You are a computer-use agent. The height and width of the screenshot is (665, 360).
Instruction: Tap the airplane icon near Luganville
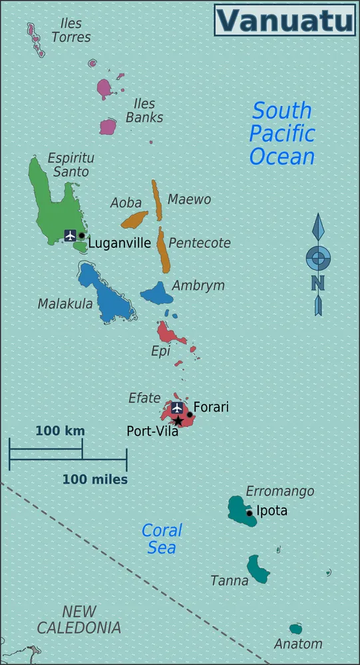71,235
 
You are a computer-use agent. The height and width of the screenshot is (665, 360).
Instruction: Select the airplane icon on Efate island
177,407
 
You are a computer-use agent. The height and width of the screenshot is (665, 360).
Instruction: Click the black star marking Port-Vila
178,421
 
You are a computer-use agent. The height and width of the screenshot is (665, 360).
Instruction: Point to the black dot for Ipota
250,513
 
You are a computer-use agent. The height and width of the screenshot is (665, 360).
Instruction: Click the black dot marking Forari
190,414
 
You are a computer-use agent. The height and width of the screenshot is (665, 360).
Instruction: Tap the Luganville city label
120,243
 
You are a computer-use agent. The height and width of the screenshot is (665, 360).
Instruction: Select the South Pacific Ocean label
281,133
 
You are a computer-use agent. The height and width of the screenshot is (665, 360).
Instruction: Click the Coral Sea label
162,539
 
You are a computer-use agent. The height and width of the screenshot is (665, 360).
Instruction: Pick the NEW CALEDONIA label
79,619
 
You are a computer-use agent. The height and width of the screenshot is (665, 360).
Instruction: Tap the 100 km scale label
60,431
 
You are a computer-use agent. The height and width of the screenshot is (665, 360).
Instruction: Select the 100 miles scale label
95,479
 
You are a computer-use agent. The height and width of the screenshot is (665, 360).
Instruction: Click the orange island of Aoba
134,219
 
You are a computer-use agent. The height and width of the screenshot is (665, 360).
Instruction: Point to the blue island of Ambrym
157,293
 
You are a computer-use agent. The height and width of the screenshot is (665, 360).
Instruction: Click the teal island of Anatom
295,628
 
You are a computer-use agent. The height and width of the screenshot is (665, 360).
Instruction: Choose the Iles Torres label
71,31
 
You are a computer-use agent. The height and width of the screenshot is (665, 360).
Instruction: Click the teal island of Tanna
258,569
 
